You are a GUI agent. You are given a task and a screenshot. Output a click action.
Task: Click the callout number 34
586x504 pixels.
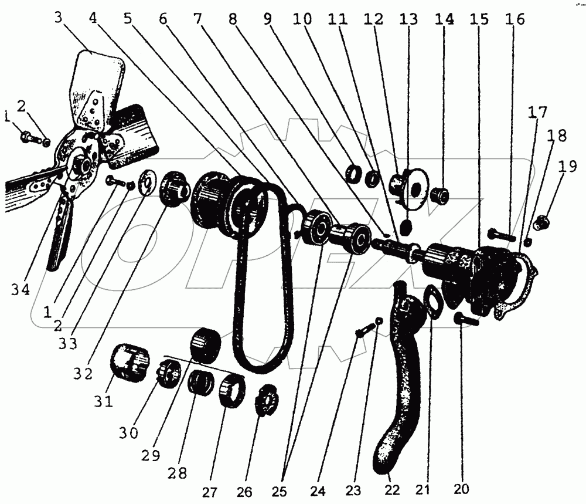coord(21,290)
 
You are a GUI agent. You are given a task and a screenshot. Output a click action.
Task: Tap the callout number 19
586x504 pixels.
coord(568,166)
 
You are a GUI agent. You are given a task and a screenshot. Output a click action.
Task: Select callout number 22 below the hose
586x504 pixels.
coord(391,489)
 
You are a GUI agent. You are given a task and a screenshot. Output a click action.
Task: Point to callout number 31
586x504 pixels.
coord(104,401)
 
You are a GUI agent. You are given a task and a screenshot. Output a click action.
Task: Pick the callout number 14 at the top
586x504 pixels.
coord(444,19)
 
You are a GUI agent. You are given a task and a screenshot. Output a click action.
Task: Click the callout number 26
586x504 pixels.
coord(244,492)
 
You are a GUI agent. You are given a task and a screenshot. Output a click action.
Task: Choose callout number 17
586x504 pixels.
coord(537,112)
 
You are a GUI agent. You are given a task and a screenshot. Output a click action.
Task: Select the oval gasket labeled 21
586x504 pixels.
coord(434,302)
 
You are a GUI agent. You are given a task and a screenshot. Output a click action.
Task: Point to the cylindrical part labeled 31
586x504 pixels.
coord(130,361)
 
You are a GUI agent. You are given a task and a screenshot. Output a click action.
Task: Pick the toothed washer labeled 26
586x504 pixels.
coord(265,400)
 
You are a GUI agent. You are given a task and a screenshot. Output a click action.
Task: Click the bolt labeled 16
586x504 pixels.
coord(501,235)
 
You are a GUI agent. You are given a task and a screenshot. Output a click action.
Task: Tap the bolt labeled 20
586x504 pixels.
coord(466,319)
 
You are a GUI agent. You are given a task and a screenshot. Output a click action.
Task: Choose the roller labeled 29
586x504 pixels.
coord(206,345)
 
